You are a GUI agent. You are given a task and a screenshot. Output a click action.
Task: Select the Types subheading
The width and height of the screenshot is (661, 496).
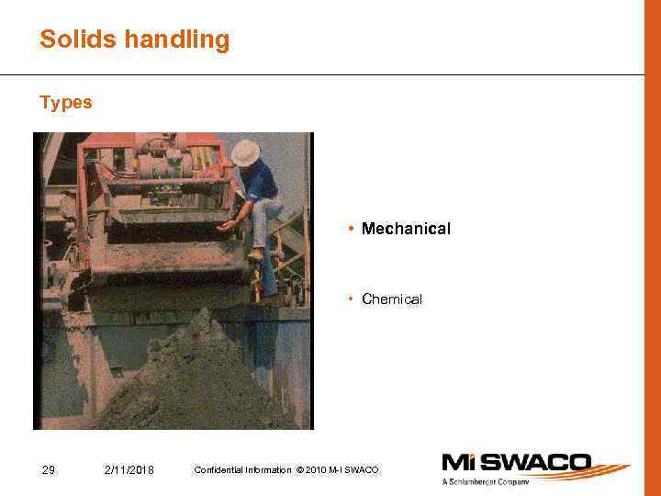(x=66, y=103)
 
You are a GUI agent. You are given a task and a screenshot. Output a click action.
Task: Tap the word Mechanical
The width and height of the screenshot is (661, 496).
(x=406, y=229)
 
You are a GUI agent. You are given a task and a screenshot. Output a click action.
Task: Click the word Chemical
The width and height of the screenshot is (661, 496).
(x=392, y=299)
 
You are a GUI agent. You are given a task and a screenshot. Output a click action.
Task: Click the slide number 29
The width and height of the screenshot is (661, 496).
(x=49, y=470)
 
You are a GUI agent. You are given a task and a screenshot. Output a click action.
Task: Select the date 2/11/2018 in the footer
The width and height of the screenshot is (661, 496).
(x=129, y=470)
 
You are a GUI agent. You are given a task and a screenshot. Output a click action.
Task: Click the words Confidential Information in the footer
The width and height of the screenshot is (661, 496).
(x=243, y=470)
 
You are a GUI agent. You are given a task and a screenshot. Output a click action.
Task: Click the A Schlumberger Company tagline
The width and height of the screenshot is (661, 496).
(x=487, y=481)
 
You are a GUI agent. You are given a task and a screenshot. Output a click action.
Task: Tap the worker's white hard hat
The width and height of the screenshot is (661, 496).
(x=245, y=152)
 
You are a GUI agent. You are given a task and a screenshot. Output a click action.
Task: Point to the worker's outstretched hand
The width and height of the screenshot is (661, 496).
(x=226, y=225)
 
